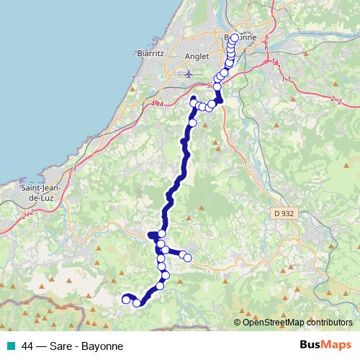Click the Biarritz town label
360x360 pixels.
tap(151, 53)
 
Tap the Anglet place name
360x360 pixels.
tap(197, 55)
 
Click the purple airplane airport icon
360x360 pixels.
tap(189, 73)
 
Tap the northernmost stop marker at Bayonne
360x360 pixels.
tap(235, 37)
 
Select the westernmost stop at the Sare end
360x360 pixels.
tap(126, 299)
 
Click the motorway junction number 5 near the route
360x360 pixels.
tap(208, 86)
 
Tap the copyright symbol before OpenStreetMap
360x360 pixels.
tap(238, 323)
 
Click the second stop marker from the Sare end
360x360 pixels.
tap(137, 302)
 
